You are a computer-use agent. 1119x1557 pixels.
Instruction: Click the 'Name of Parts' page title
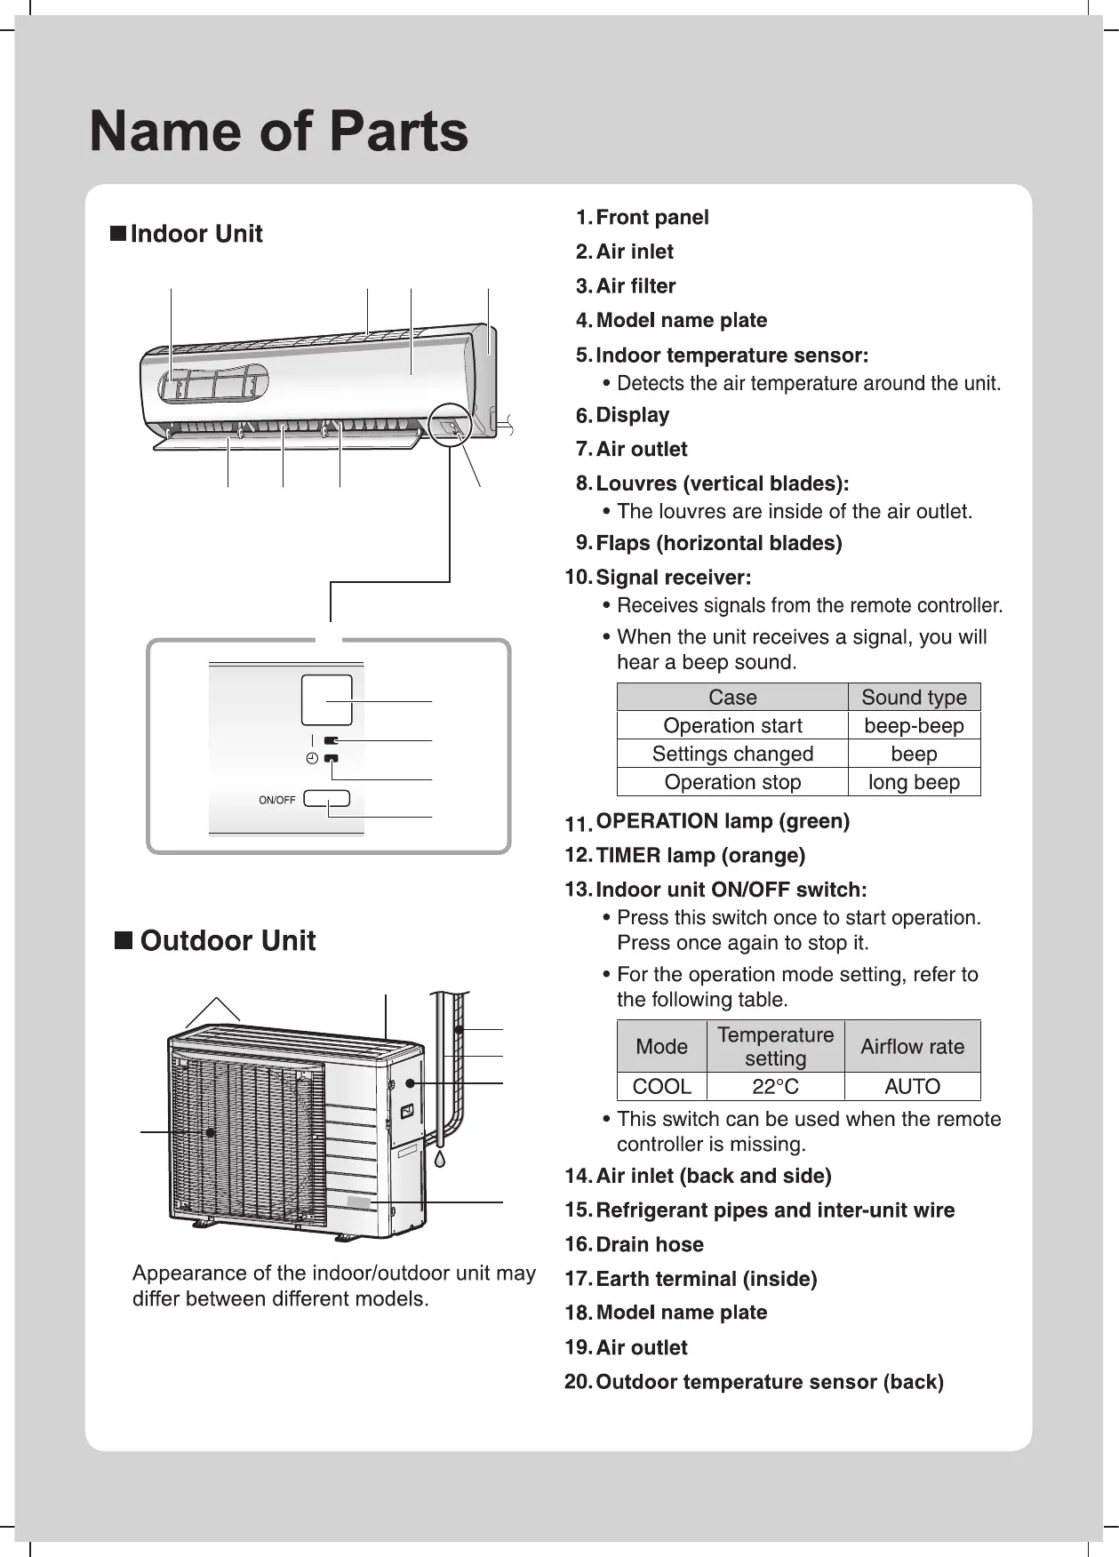pyautogui.click(x=278, y=132)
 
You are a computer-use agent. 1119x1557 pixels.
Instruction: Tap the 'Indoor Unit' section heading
pyautogui.click(x=196, y=234)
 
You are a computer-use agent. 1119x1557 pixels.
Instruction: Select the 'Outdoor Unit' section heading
pyautogui.click(x=227, y=941)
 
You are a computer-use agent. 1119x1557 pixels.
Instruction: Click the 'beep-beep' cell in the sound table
pyautogui.click(x=914, y=725)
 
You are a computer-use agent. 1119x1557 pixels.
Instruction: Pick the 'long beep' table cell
pyautogui.click(x=914, y=782)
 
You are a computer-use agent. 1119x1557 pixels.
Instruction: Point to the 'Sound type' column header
pyautogui.click(x=914, y=697)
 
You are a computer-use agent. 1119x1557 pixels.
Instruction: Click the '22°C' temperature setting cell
pyautogui.click(x=775, y=1086)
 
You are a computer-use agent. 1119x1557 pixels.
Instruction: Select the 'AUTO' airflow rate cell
pyautogui.click(x=912, y=1086)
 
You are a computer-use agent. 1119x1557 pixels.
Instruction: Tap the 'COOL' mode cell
pyautogui.click(x=661, y=1086)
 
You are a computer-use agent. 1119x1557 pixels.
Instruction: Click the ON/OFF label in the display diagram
pyautogui.click(x=276, y=800)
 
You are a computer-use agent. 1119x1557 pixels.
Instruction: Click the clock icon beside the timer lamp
pyautogui.click(x=311, y=758)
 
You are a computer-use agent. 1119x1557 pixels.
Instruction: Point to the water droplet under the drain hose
pyautogui.click(x=440, y=1158)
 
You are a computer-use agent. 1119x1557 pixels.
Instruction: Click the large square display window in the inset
pyautogui.click(x=326, y=700)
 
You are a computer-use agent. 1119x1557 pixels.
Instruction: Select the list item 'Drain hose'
pyautogui.click(x=649, y=1244)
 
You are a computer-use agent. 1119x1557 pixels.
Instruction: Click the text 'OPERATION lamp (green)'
pyautogui.click(x=722, y=821)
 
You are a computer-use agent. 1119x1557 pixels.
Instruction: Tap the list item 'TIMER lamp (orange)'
pyautogui.click(x=699, y=856)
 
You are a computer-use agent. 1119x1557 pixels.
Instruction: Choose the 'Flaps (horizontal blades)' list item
pyautogui.click(x=718, y=543)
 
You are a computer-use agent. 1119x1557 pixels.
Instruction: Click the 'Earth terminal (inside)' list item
pyautogui.click(x=706, y=1279)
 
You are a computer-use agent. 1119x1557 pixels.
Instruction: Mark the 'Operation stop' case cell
pyautogui.click(x=732, y=782)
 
